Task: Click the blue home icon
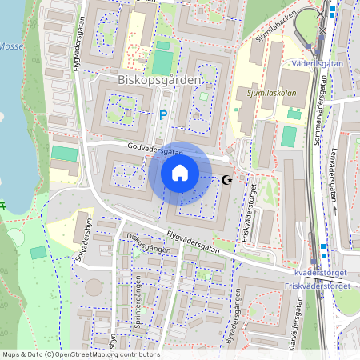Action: (x=180, y=173)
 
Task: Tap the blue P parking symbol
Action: (x=164, y=115)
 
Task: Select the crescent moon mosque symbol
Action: (x=227, y=180)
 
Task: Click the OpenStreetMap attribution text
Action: (x=80, y=354)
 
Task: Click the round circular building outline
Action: (x=94, y=287)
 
